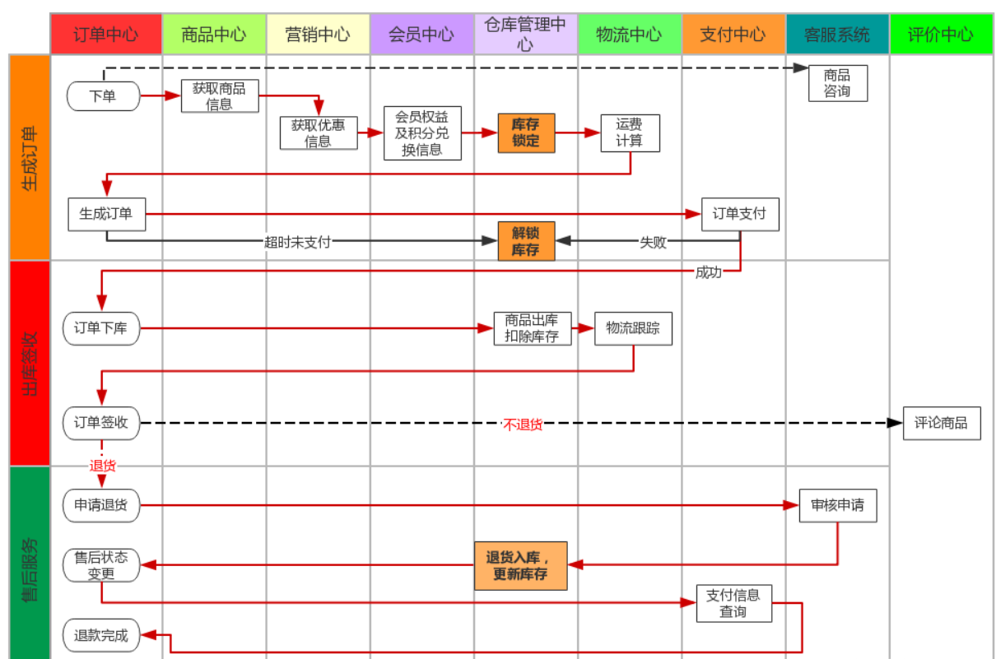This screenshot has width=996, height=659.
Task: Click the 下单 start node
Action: (103, 96)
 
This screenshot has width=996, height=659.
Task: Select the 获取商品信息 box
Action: (220, 96)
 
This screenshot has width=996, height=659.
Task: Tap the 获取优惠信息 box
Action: (319, 133)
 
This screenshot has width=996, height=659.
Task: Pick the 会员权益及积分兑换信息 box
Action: (422, 133)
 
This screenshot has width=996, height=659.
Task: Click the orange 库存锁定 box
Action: (526, 133)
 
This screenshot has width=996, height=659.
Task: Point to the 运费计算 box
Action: (630, 133)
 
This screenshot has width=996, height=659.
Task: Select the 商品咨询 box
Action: (837, 83)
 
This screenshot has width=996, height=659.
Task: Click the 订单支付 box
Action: (739, 214)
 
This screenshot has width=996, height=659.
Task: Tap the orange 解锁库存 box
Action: (526, 241)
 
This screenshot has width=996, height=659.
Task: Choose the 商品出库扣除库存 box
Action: (532, 328)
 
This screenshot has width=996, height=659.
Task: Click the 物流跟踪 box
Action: (633, 328)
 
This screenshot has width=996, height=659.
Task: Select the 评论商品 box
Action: (941, 423)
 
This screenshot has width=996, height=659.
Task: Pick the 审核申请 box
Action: (837, 505)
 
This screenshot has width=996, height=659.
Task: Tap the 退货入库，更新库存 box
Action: (521, 565)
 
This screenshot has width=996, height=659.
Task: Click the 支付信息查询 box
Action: (733, 603)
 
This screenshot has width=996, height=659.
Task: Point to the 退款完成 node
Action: (102, 635)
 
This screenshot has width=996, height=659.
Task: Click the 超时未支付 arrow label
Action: (297, 242)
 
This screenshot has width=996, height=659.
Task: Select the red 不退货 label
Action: (523, 425)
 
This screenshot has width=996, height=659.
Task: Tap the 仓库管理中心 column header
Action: (525, 34)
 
